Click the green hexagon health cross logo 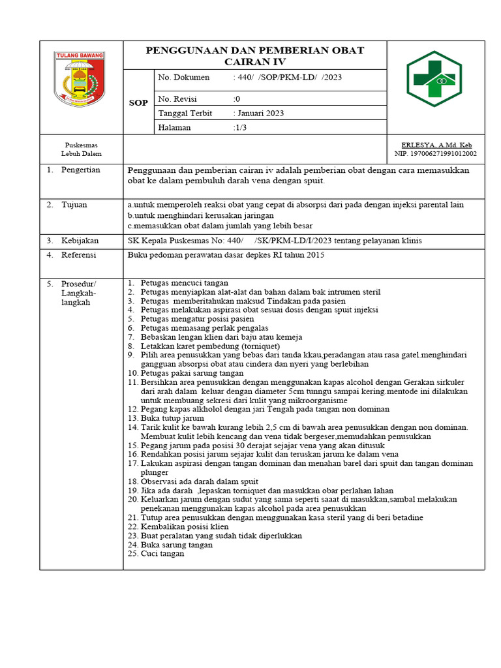[x=434, y=78]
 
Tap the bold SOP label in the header [x=138, y=103]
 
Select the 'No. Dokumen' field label [x=184, y=77]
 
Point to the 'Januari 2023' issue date [x=260, y=113]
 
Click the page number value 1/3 [x=241, y=127]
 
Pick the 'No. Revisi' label [x=177, y=99]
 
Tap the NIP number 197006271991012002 [x=435, y=154]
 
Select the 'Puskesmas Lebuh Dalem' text [x=82, y=149]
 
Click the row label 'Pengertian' [x=81, y=170]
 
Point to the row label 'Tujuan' [x=74, y=205]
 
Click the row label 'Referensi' [x=79, y=254]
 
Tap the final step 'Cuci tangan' [x=162, y=554]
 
